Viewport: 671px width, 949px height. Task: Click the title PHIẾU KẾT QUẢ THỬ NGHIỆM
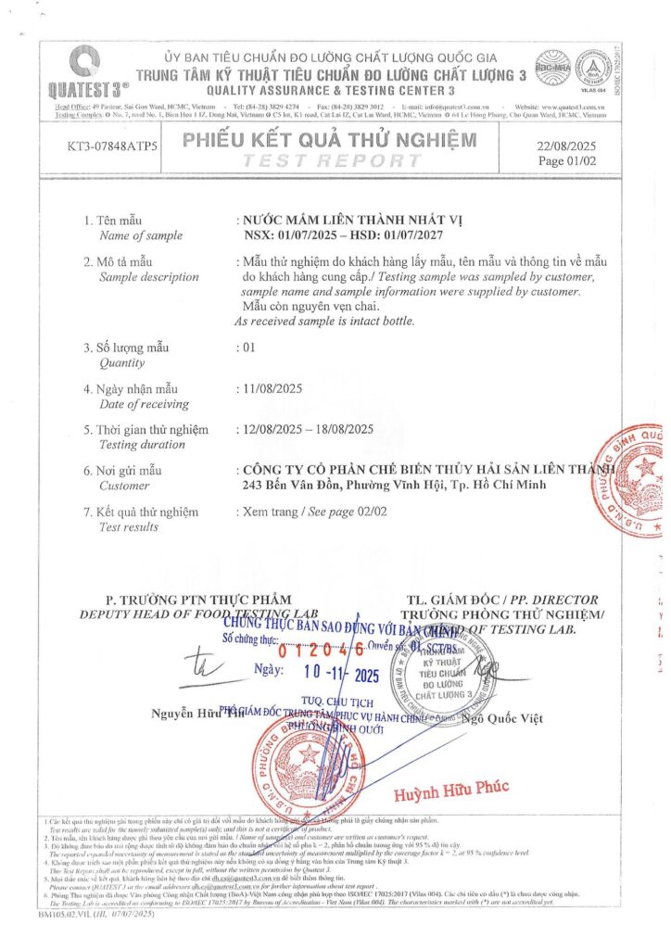pos(330,141)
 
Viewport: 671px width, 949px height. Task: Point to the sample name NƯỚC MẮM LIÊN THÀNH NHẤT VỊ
pos(350,220)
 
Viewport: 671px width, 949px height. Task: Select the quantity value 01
pos(247,348)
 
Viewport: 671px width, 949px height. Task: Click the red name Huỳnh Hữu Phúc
pos(451,790)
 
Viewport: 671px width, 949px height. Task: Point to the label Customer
pos(123,485)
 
